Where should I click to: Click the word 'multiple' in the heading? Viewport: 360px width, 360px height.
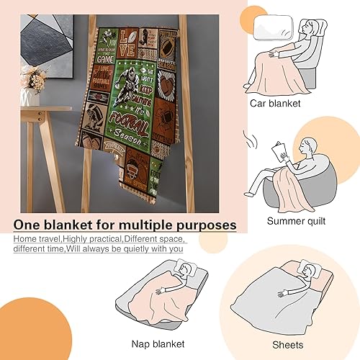pyautogui.click(x=143, y=225)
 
